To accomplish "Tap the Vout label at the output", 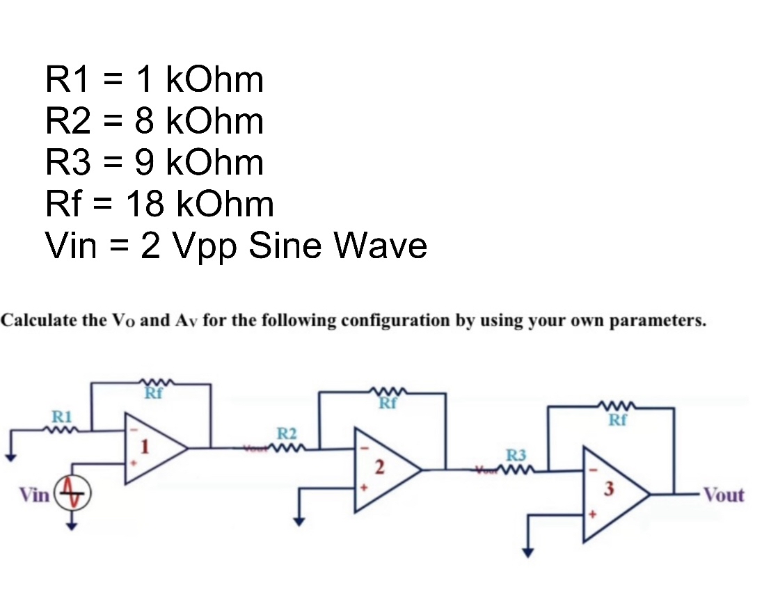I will pyautogui.click(x=723, y=495).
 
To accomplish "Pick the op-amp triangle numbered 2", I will pyautogui.click(x=384, y=470).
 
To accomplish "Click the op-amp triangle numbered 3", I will pyautogui.click(x=613, y=495).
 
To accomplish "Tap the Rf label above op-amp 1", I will pyautogui.click(x=153, y=394).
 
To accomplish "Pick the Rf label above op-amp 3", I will pyautogui.click(x=617, y=420).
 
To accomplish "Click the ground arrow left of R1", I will pyautogui.click(x=10, y=456).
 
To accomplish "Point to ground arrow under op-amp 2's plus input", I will pyautogui.click(x=299, y=522).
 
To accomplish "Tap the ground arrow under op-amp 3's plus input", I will pyautogui.click(x=528, y=552).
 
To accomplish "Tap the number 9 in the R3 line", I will pyautogui.click(x=144, y=162).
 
